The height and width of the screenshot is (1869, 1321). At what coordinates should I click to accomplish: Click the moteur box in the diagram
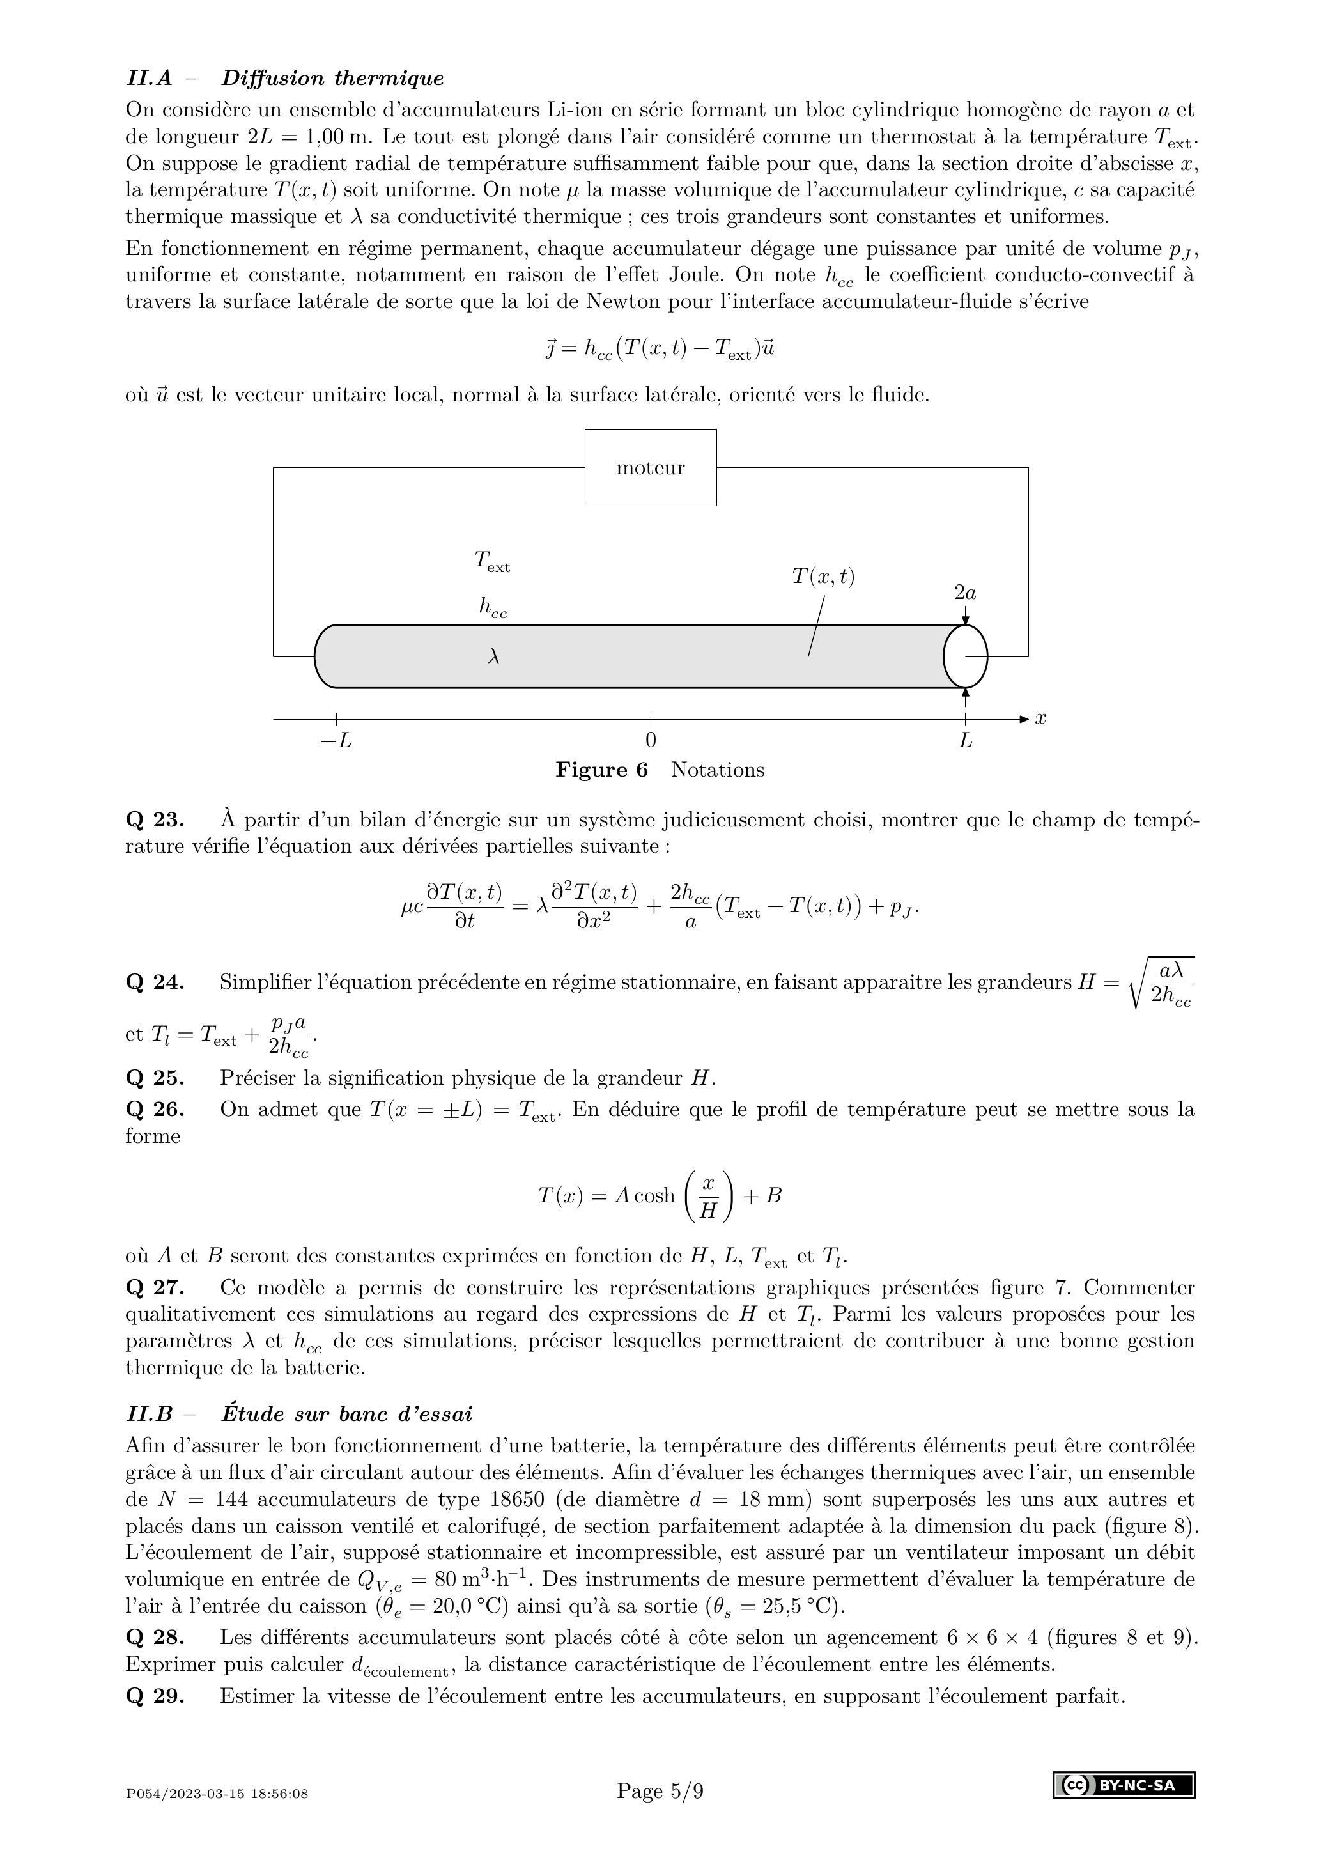(651, 467)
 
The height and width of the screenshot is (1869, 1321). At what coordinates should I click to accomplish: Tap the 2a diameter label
(965, 593)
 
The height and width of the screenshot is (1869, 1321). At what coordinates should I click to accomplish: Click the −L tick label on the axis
(336, 741)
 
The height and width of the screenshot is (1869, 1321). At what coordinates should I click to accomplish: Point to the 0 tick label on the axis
(651, 740)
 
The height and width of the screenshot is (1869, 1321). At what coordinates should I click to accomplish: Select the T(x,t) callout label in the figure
(824, 577)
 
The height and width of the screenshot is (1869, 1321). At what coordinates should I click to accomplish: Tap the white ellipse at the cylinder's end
(965, 655)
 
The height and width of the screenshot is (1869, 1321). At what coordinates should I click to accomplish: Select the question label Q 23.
(155, 819)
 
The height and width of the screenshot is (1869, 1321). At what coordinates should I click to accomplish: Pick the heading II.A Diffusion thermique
(285, 78)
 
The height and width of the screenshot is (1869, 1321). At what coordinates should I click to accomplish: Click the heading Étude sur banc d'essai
(347, 1413)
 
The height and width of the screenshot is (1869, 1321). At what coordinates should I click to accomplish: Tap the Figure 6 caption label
(601, 770)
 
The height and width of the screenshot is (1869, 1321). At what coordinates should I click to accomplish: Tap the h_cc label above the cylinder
(493, 607)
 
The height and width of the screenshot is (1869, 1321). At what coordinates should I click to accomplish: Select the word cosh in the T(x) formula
(654, 1196)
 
